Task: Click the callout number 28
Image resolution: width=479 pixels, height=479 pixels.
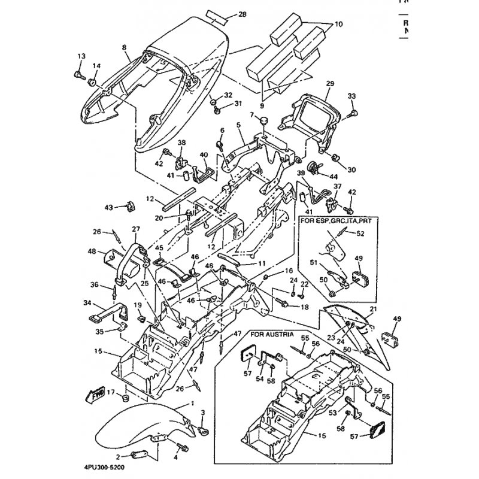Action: point(242,14)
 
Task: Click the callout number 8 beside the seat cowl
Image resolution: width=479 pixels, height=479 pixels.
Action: point(124,47)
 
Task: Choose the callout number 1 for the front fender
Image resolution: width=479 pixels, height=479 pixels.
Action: point(192,403)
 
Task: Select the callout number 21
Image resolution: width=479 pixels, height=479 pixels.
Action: point(372,309)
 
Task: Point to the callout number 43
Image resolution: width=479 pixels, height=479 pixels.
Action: point(109,207)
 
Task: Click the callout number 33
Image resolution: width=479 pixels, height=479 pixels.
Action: point(351,96)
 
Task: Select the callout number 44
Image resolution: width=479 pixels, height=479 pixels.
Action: point(334,177)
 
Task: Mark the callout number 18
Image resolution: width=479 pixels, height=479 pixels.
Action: point(305,307)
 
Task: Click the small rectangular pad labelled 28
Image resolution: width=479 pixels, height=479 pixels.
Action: point(218,14)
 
